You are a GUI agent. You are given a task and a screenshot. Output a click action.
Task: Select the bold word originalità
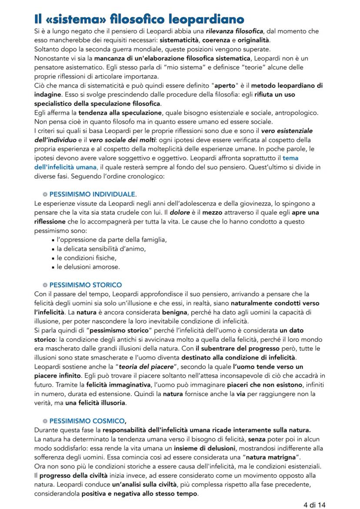[x=250, y=40]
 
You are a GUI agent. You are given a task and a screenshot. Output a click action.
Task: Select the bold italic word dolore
[x=180, y=213]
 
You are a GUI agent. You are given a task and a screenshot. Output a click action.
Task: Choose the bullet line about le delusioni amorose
[x=88, y=266]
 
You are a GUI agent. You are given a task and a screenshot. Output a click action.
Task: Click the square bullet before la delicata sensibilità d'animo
[x=53, y=249]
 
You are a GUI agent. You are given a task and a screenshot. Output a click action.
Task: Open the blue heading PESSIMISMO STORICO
[x=86, y=285]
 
